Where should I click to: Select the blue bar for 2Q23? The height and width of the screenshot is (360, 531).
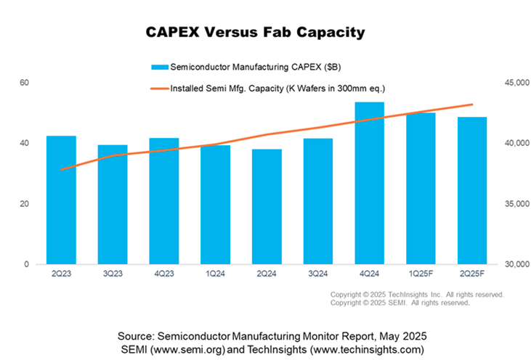(x=61, y=200)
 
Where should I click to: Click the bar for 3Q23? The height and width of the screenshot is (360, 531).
(x=113, y=204)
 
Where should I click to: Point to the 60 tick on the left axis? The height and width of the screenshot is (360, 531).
(x=24, y=83)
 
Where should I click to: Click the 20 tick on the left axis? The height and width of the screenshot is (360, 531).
(x=24, y=204)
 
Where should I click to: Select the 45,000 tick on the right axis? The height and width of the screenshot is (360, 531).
(x=508, y=83)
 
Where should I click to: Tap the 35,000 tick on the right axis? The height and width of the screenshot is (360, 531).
(x=508, y=204)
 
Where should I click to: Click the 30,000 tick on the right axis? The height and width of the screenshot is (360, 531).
(x=508, y=264)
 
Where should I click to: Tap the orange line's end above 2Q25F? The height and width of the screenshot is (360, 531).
(x=472, y=105)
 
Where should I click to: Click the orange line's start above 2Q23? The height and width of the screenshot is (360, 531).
(x=62, y=169)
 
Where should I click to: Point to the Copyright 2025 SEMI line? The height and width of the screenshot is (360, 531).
(x=400, y=303)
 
